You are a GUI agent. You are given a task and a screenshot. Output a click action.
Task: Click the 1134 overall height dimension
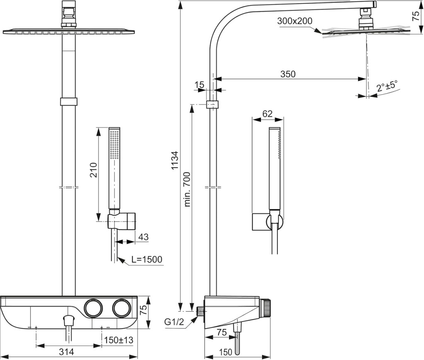click(175, 160)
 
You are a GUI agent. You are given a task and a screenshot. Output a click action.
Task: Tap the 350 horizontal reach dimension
click(288, 74)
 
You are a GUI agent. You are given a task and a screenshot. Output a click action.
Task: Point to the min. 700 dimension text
click(187, 189)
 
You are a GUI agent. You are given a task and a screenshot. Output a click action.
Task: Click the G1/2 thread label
click(174, 322)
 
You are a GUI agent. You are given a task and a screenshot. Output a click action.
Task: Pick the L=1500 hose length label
click(147, 259)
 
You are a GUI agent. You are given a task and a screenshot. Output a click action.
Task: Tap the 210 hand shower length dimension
click(94, 170)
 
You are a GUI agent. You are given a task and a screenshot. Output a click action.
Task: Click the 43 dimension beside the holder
click(143, 237)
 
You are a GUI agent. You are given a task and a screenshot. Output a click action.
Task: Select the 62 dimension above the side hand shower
click(267, 114)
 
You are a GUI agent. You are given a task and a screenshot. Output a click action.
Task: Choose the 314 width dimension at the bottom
click(67, 352)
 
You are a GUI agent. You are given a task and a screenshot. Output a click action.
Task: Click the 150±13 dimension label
click(119, 340)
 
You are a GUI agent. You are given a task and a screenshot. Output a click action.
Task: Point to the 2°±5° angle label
click(387, 86)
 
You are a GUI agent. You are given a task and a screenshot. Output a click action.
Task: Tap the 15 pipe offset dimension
click(199, 84)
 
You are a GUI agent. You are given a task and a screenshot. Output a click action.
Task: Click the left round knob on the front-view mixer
click(93, 309)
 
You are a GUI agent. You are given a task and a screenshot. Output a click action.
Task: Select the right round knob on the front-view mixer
click(122, 309)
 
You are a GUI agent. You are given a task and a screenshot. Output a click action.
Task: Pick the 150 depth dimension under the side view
click(226, 352)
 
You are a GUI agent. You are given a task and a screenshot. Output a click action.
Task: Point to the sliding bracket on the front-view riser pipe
click(69, 102)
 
